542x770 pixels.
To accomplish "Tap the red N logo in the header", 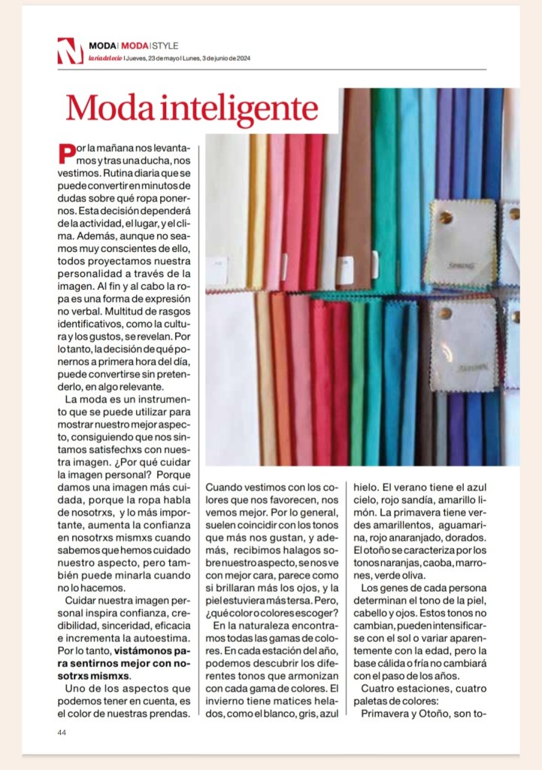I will coord(70,51).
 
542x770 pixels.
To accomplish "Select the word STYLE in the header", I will coord(165,46).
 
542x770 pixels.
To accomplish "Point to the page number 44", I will coord(62,732).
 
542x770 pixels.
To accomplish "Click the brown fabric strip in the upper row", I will coord(357,188).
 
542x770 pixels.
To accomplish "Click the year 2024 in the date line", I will coord(242,59).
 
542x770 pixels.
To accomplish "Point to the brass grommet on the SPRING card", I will coord(446,219).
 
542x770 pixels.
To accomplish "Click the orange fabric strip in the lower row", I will coord(281,376).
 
